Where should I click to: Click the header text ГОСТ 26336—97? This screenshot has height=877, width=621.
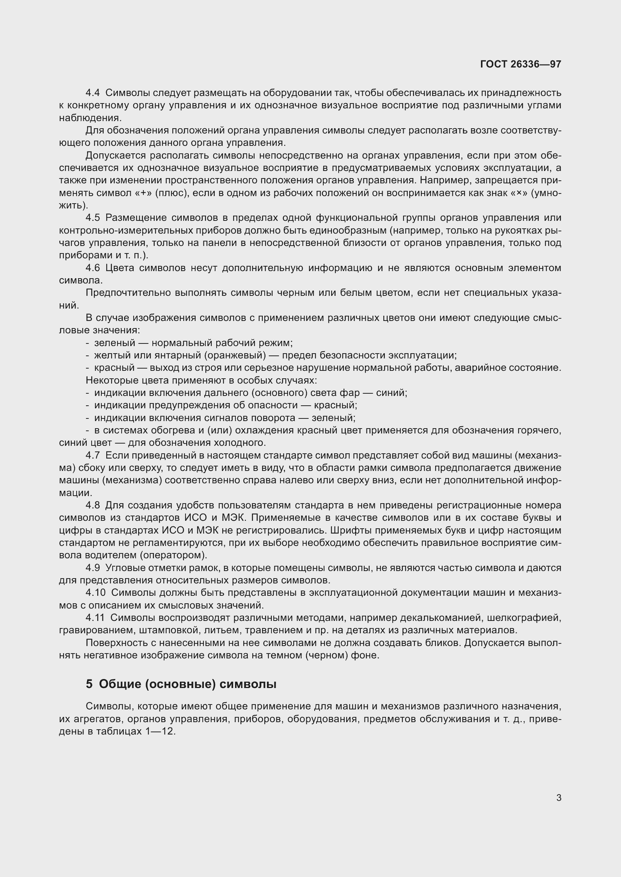click(x=520, y=64)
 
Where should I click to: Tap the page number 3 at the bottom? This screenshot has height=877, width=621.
click(x=559, y=798)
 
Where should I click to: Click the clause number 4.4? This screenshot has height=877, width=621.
click(x=92, y=93)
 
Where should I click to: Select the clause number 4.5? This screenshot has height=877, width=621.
click(x=92, y=218)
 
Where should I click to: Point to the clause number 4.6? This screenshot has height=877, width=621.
click(x=92, y=268)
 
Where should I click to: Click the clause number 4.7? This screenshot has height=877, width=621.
click(x=92, y=455)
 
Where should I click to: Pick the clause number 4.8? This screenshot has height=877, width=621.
click(x=92, y=505)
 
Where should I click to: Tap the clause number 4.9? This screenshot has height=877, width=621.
click(x=92, y=568)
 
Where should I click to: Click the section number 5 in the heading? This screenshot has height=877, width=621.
click(x=89, y=684)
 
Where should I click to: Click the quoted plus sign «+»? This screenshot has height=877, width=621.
click(x=143, y=193)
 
